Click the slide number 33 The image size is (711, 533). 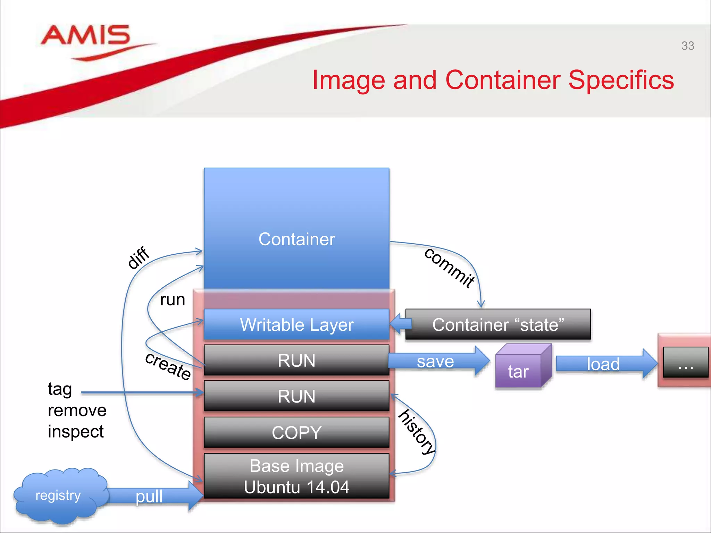point(687,46)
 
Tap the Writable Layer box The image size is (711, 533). point(296,324)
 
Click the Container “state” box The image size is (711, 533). point(498,324)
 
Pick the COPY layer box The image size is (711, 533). point(296,432)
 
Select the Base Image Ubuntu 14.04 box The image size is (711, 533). point(296,476)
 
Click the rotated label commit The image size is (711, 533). point(449,268)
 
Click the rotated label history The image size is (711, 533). point(417,432)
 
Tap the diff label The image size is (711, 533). point(138,257)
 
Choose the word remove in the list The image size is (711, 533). point(77,411)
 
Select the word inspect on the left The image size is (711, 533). point(76,432)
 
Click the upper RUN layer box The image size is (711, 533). point(296,360)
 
